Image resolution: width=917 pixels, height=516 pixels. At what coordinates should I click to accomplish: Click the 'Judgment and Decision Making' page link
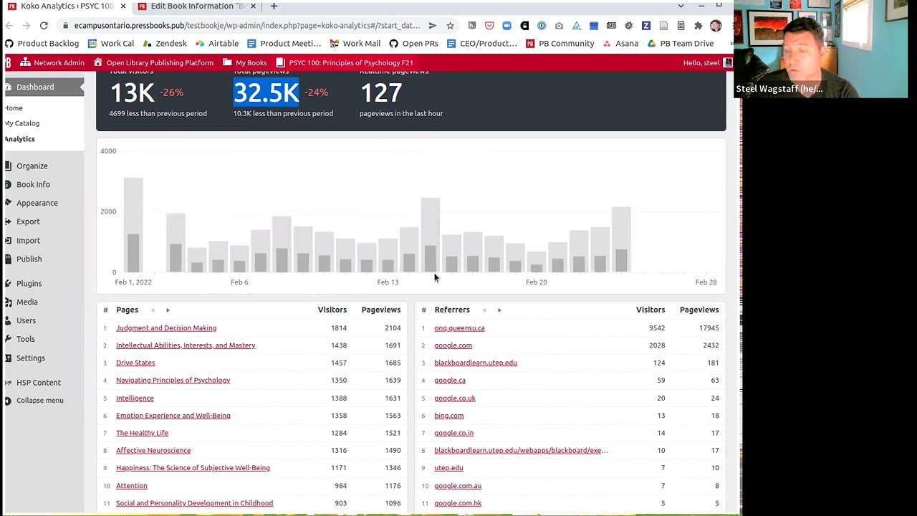point(166,328)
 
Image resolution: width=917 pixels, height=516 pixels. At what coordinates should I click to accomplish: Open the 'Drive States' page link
point(135,363)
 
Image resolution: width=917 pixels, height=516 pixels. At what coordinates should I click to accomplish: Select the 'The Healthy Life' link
point(142,433)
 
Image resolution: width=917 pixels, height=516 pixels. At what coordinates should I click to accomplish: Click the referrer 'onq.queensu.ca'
point(459,328)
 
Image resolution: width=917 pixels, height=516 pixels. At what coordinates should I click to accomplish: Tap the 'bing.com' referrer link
point(448,416)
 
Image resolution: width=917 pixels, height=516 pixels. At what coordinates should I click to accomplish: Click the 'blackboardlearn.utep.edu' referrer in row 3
point(475,363)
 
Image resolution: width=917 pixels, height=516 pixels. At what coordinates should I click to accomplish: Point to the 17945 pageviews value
point(709,328)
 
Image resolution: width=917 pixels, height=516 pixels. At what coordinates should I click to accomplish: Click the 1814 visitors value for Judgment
point(338,328)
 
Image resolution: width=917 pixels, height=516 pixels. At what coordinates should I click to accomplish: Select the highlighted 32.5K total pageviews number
point(266,92)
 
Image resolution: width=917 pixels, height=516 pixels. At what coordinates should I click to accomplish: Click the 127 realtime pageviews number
point(381,92)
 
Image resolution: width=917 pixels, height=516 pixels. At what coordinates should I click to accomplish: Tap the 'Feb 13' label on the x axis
point(388,282)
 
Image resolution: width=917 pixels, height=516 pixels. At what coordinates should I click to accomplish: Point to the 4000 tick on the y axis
point(108,151)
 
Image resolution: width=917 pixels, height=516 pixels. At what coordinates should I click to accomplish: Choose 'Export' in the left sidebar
point(28,221)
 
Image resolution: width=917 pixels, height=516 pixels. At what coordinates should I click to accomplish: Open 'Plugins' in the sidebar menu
point(29,284)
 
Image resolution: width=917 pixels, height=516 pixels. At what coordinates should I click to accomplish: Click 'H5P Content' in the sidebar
point(39,383)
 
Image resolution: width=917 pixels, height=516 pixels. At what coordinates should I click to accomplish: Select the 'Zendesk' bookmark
point(171,44)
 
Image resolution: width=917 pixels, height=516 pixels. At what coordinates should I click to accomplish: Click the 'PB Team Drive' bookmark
point(686,44)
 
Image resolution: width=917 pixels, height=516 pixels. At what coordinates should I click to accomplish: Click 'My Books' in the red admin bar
point(251,63)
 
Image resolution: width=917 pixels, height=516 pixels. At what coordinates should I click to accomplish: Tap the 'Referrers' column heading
point(452,310)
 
